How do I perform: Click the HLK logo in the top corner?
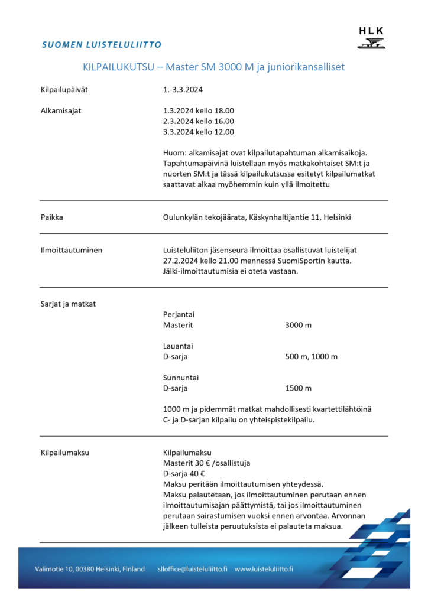tap(371, 37)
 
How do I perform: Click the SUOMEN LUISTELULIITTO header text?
tap(102, 45)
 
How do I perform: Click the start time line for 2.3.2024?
tap(199, 121)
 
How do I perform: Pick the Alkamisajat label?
tap(61, 110)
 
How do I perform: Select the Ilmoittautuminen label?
tap(72, 250)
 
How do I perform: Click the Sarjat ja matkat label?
tap(68, 304)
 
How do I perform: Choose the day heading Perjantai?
tap(179, 315)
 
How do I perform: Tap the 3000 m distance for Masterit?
tap(298, 326)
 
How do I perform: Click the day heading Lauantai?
tap(178, 346)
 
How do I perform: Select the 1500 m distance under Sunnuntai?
tap(298, 388)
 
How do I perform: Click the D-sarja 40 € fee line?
tap(184, 474)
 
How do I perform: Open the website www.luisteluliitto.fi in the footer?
tap(264, 569)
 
